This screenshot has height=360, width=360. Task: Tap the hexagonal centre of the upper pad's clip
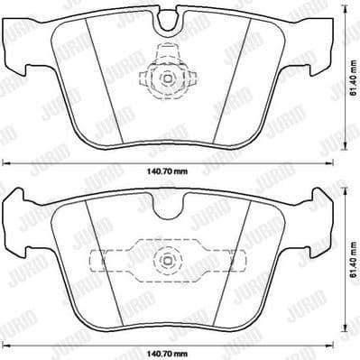tap(168, 79)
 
